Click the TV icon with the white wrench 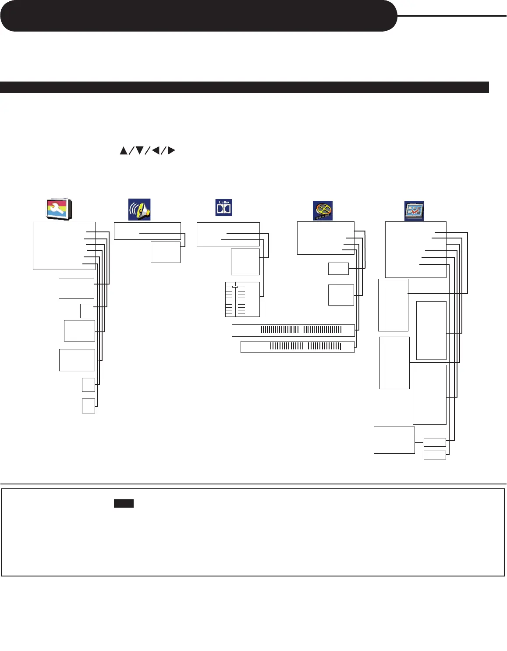(x=59, y=209)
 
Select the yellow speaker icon (x=139, y=210)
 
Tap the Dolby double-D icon (x=223, y=208)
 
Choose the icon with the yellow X (x=323, y=210)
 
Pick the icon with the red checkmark (x=414, y=210)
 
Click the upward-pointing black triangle (x=124, y=150)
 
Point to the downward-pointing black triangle (x=140, y=150)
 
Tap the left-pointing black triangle (x=155, y=150)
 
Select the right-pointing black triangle (x=171, y=150)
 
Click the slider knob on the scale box (x=235, y=287)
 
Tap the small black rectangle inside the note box (x=124, y=504)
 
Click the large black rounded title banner (x=198, y=16)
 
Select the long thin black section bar (x=244, y=87)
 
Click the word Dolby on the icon (x=223, y=203)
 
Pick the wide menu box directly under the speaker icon (x=147, y=231)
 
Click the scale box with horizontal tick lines (x=242, y=299)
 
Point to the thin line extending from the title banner (x=452, y=16)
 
